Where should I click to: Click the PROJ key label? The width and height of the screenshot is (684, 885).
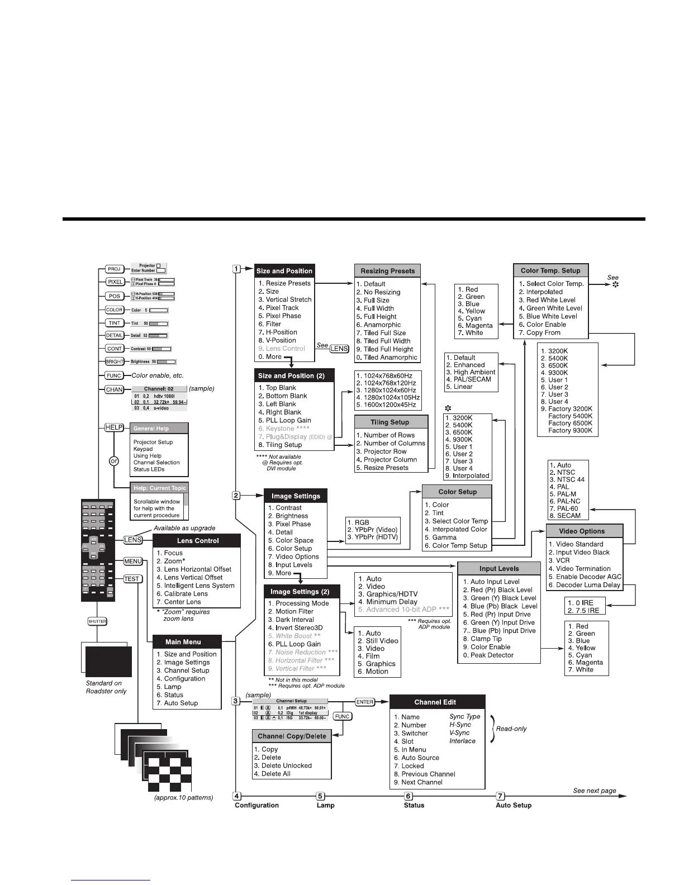coord(115,269)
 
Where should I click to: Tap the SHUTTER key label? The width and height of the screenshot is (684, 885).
coord(97,621)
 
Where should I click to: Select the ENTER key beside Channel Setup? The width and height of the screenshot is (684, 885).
coord(364,702)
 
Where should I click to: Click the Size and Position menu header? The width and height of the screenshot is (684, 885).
coord(284,271)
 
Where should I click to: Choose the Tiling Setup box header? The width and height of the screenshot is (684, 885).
coord(390,422)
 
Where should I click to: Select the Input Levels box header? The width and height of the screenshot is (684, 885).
coord(499,569)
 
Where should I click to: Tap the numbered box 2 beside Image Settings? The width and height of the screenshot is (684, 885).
coord(236,496)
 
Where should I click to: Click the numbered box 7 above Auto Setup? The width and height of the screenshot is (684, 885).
coord(501,796)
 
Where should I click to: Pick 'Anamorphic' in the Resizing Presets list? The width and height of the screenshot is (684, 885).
coord(382,325)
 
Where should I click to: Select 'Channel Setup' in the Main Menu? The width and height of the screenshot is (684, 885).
coord(187,670)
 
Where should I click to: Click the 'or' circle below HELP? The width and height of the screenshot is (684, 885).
coord(114,461)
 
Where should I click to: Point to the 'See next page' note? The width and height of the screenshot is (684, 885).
coord(595,791)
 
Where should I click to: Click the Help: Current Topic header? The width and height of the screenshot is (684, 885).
coord(159,488)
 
